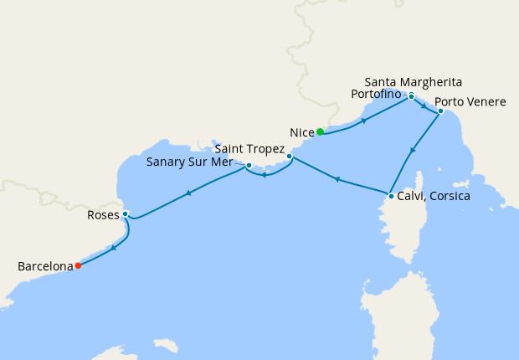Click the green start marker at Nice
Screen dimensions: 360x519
[x=320, y=131]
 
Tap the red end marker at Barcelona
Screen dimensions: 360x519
[x=78, y=266]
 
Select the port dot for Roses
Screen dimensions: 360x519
[x=125, y=214]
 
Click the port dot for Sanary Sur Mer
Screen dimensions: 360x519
[x=249, y=166]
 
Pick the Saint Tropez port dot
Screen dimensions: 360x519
[x=289, y=157]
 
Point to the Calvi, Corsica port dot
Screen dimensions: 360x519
[x=390, y=197]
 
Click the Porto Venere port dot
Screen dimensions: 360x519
[x=440, y=111]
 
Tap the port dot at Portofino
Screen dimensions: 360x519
[x=411, y=96]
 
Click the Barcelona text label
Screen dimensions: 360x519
[x=45, y=266]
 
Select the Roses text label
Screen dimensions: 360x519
[x=103, y=215]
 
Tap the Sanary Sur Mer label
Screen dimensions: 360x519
[x=189, y=162]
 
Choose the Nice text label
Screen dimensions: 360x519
[x=301, y=132]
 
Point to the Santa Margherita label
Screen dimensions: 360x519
[x=414, y=82]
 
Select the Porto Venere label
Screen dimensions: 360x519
[x=470, y=102]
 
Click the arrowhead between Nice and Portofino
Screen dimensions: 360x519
[x=363, y=121]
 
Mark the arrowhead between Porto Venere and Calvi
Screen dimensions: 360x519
[x=412, y=152]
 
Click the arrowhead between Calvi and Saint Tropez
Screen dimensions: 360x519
[x=337, y=179]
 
